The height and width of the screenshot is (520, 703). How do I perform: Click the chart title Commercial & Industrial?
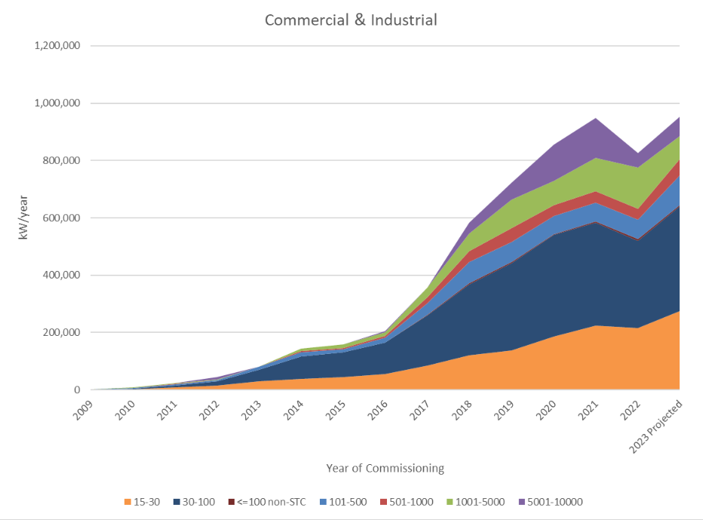(x=351, y=20)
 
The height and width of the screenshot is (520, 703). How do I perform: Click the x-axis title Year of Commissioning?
(x=385, y=468)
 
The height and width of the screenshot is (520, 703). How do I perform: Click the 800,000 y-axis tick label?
(x=65, y=161)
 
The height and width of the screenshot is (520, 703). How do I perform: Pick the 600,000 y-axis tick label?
(x=65, y=218)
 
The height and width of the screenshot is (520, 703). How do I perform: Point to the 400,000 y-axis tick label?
(x=65, y=275)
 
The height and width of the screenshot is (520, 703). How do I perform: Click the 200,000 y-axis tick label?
(x=65, y=333)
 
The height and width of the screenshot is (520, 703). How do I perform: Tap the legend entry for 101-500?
(x=343, y=502)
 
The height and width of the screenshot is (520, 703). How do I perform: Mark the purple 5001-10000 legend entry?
(x=550, y=502)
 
